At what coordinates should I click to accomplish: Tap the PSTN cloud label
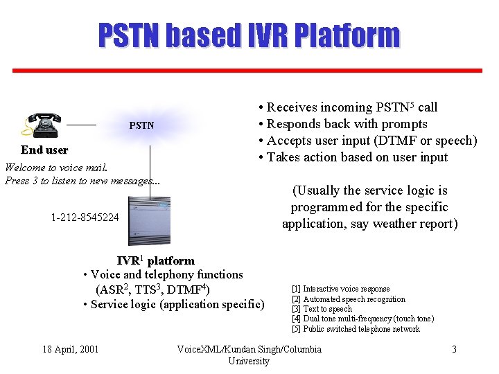141,126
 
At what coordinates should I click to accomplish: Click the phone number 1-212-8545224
85,217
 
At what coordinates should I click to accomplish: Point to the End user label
44,150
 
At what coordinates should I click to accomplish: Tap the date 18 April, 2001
71,349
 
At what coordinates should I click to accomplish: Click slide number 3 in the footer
454,349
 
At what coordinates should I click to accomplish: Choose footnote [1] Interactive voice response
340,289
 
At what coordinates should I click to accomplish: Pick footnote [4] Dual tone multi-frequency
362,319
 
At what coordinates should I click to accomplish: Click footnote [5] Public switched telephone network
356,329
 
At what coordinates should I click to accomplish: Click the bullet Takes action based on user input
353,157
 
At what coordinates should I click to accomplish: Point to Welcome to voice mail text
55,168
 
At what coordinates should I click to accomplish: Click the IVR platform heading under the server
155,260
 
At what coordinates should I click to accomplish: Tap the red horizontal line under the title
249,70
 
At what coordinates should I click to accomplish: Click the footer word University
249,361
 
